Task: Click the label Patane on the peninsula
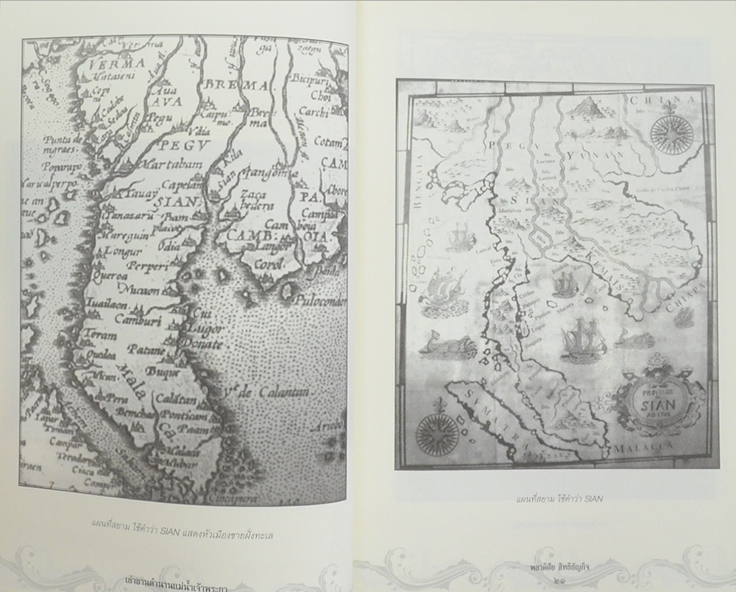coord(144,348)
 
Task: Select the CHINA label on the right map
coord(662,99)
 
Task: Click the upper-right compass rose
coord(670,133)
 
